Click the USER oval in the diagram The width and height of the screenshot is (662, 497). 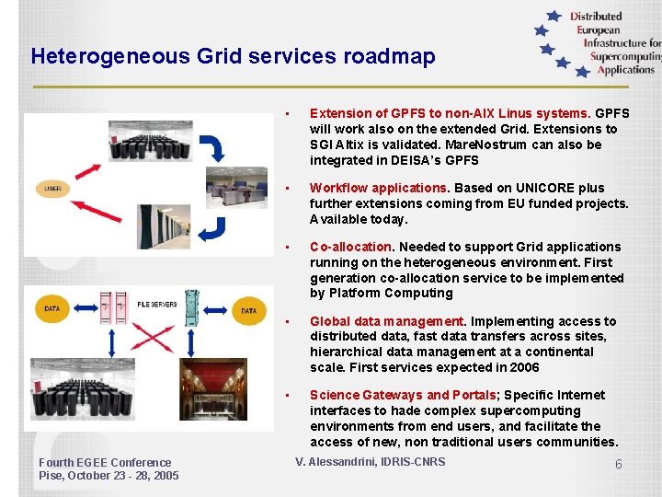(x=52, y=190)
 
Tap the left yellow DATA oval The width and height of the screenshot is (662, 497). (x=52, y=310)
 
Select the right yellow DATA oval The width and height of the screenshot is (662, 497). (x=248, y=311)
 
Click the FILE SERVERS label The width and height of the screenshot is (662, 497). (x=157, y=303)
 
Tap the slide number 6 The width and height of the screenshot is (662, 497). (x=619, y=465)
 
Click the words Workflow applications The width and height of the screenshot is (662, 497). (x=378, y=188)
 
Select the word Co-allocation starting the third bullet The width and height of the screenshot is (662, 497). (x=350, y=247)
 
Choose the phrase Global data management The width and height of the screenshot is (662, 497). (x=386, y=321)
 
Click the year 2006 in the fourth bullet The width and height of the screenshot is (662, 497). (x=523, y=367)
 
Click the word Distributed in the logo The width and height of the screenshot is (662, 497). (x=596, y=16)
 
